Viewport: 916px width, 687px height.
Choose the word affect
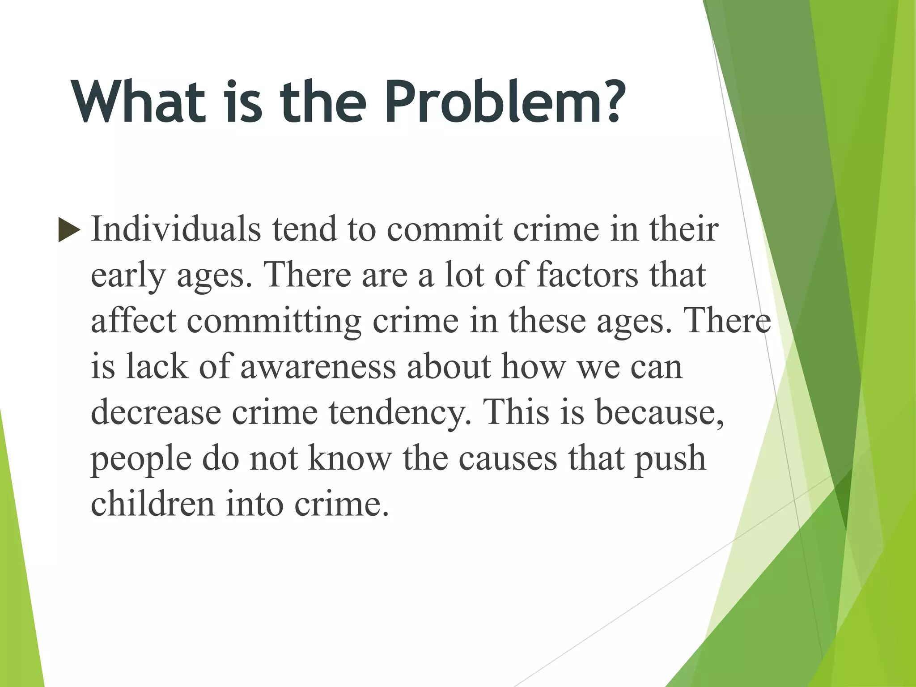click(134, 321)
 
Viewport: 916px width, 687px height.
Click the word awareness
click(318, 367)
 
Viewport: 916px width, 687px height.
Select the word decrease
click(156, 412)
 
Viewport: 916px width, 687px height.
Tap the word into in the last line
click(254, 504)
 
